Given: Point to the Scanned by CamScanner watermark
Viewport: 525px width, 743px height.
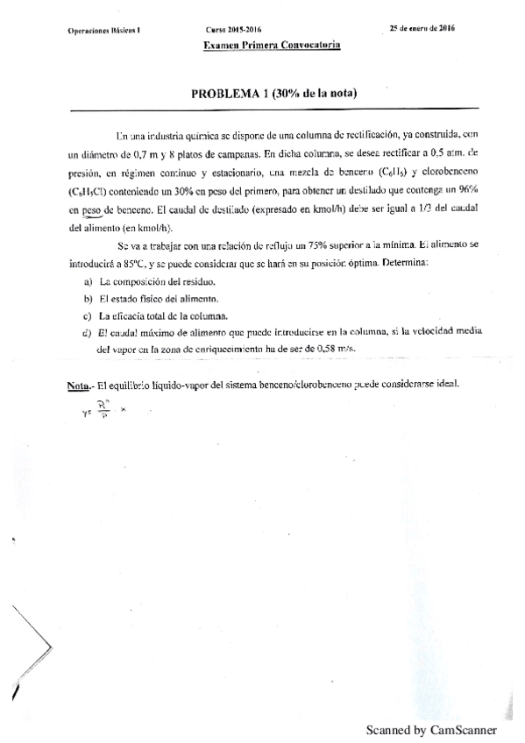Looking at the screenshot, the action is [x=431, y=729].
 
